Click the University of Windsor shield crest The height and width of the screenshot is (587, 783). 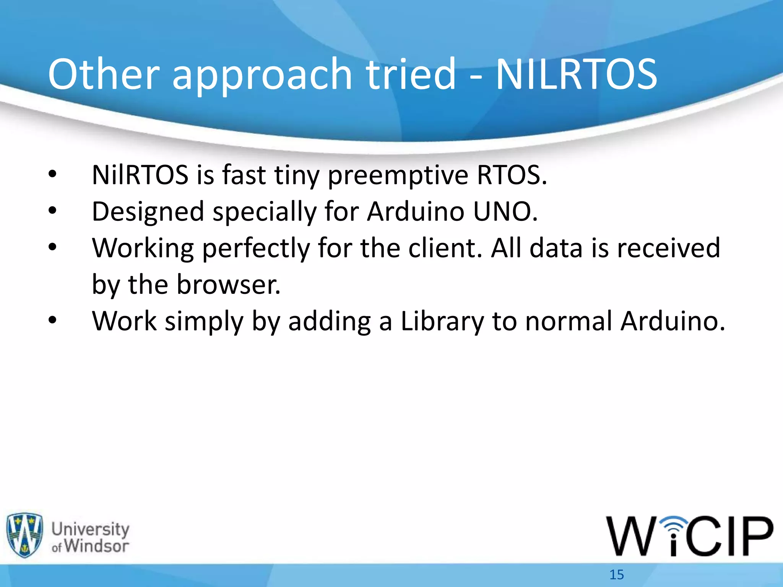[x=24, y=535]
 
